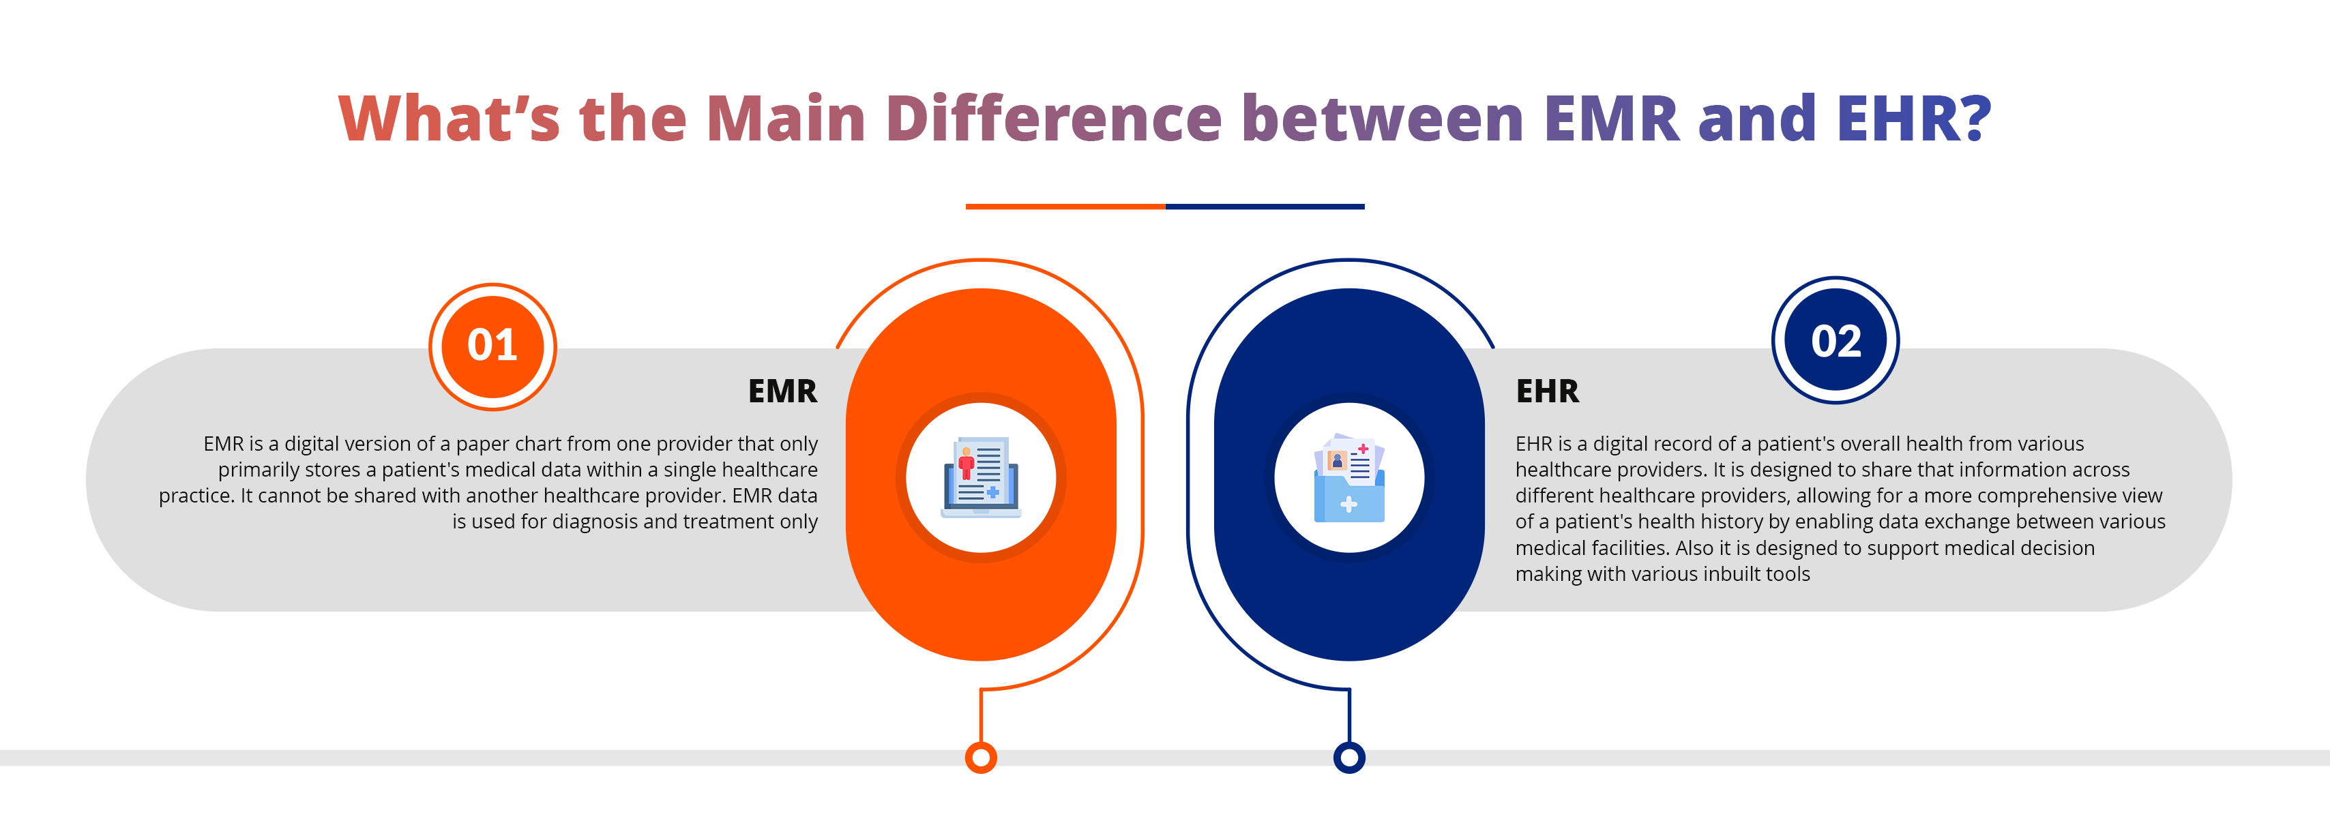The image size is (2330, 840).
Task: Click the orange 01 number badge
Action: [492, 346]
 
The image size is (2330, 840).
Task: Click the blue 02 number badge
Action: [1835, 341]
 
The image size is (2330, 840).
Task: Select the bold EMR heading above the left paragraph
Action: [782, 391]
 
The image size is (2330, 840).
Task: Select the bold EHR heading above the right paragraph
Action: [1548, 391]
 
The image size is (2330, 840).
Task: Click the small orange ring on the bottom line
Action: [980, 757]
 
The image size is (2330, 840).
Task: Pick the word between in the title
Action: [1384, 119]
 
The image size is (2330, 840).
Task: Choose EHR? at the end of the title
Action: [1914, 119]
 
